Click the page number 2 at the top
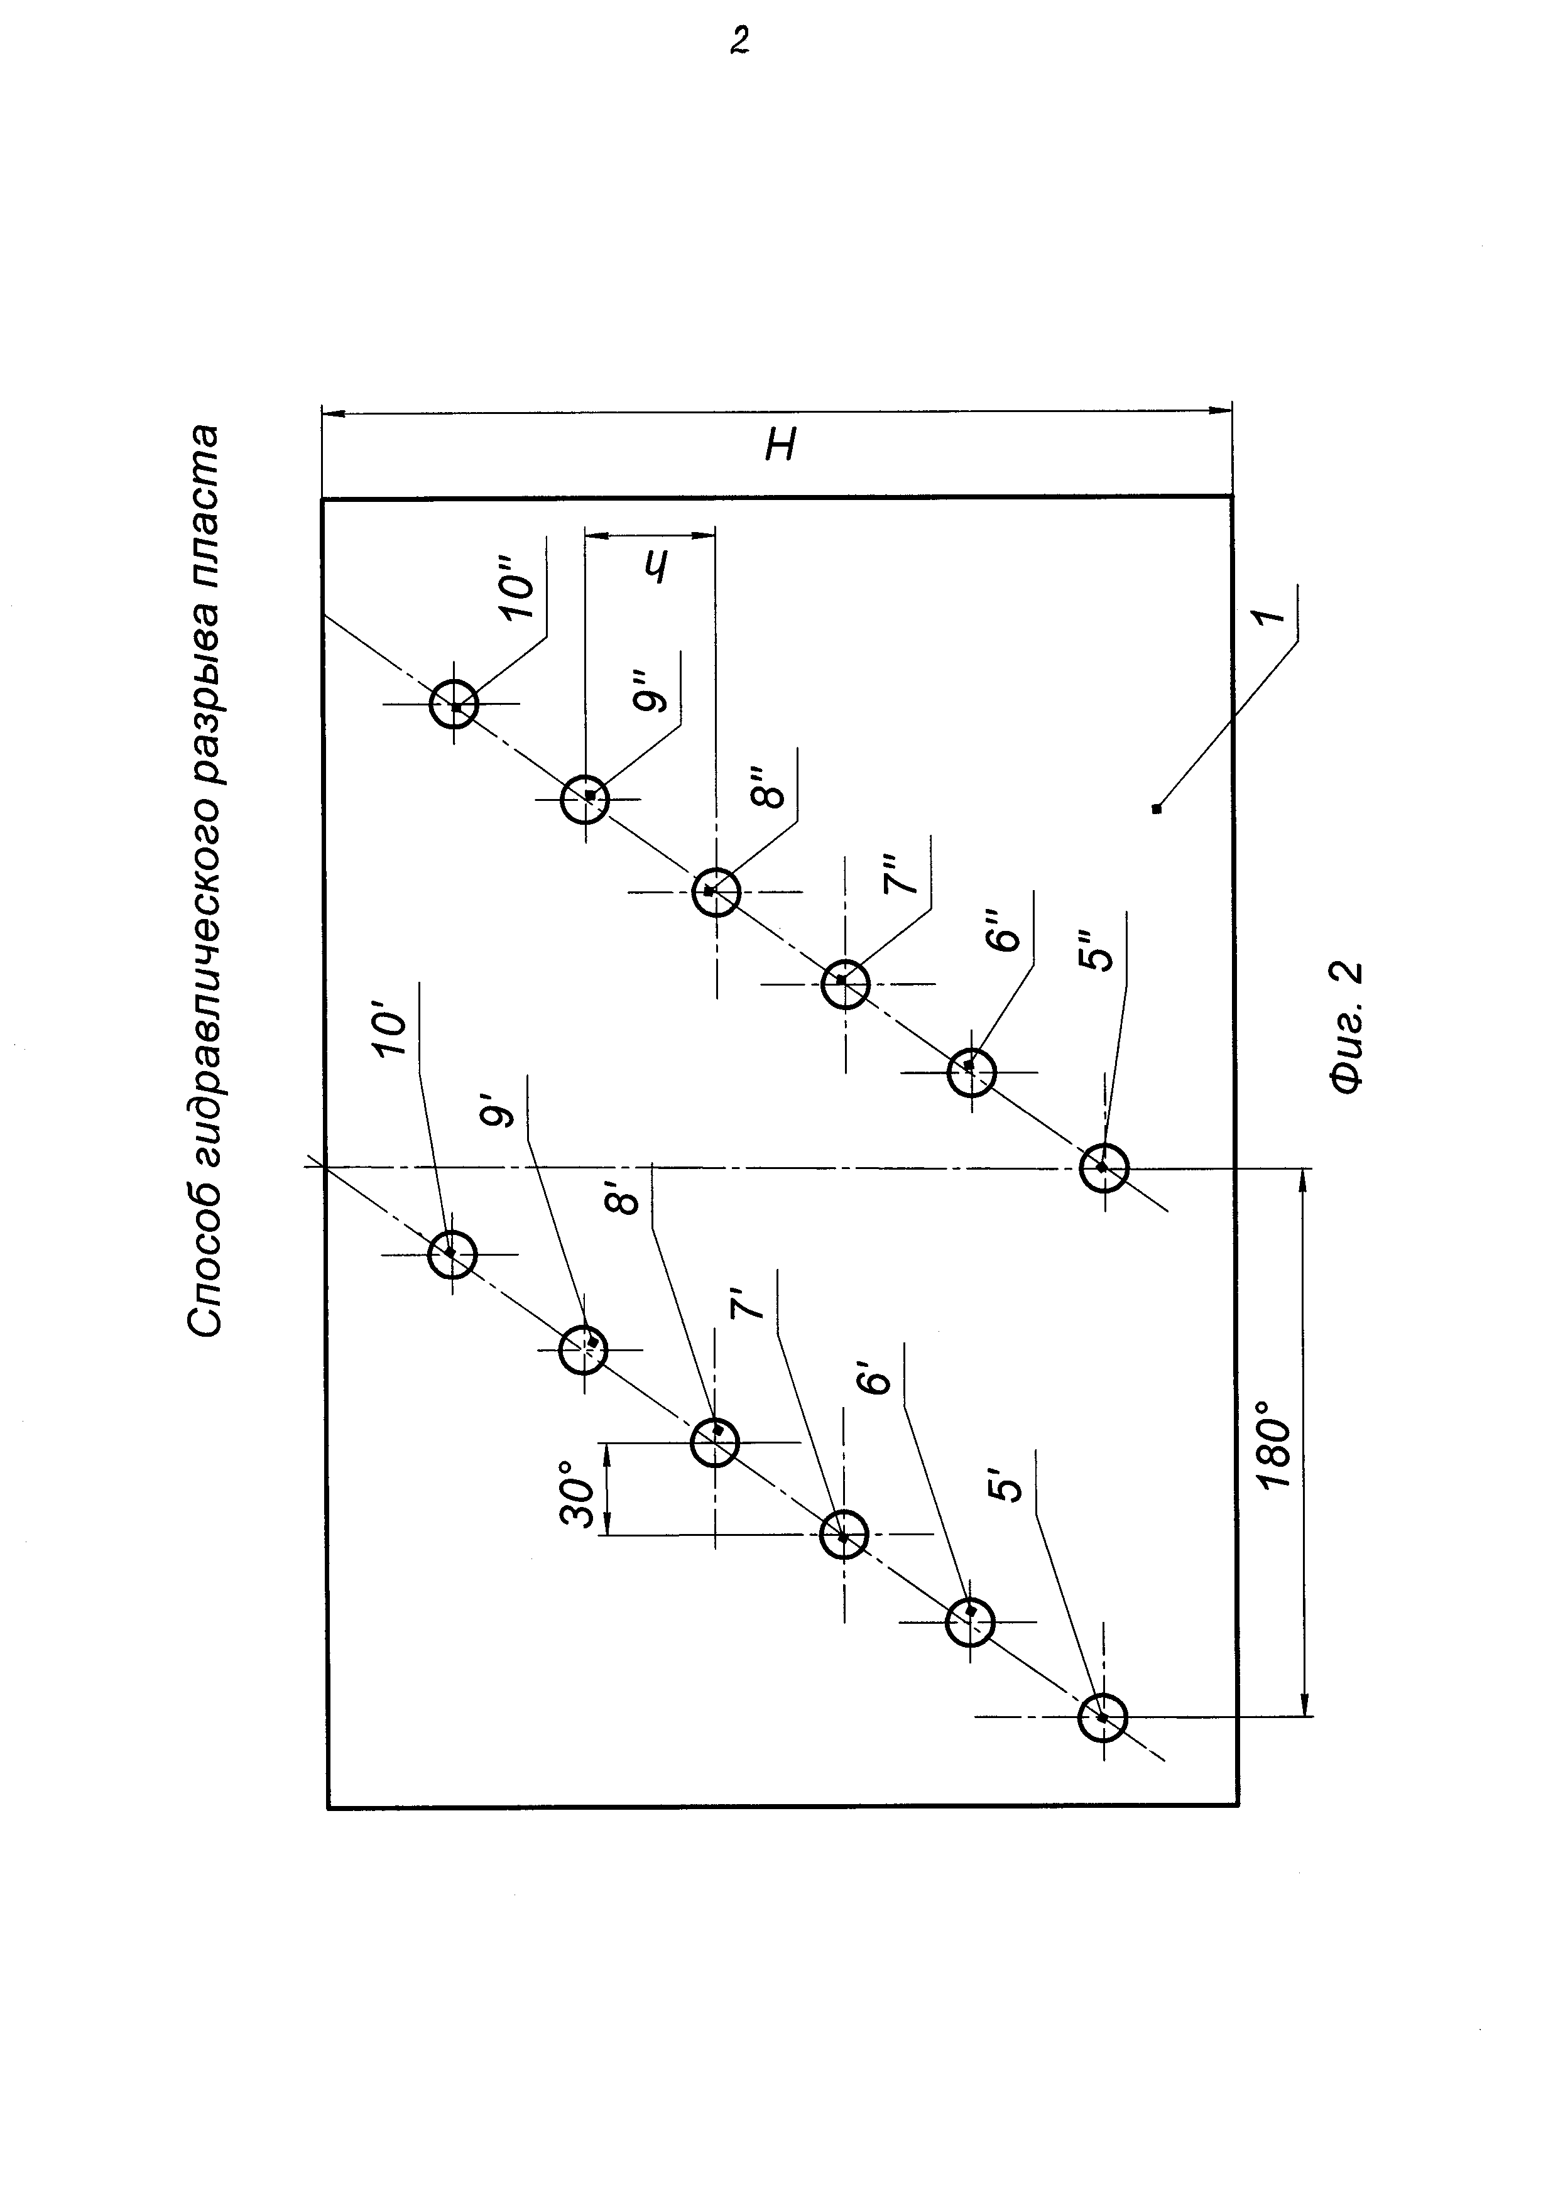point(739,40)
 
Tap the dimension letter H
point(781,444)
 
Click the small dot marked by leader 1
point(1157,809)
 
